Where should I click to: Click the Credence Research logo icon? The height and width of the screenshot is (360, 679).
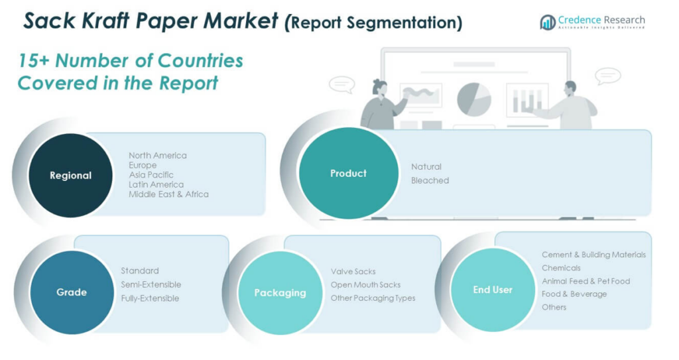pos(548,23)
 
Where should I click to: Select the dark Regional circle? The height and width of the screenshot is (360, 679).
pos(70,176)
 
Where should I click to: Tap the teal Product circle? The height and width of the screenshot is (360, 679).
pos(347,173)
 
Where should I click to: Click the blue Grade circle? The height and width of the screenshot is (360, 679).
pos(72,292)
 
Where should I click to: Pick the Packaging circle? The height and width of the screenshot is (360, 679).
pos(280,292)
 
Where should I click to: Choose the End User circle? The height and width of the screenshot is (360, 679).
pos(493,290)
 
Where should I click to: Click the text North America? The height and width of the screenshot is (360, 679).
pos(158,155)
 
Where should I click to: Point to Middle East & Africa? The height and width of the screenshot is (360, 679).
pos(168,194)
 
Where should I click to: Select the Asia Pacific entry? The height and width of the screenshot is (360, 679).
pos(151,174)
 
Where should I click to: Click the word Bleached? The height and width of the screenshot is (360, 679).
pos(430,180)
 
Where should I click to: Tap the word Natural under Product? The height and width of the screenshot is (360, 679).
pos(426,166)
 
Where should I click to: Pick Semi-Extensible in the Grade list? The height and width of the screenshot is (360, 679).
pos(151,284)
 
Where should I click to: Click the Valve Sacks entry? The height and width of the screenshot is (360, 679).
pos(353,271)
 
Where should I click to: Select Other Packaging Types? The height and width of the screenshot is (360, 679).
pos(373,298)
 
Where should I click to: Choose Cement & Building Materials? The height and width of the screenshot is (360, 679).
pos(593,255)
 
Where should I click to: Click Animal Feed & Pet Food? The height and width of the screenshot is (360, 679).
pos(586,281)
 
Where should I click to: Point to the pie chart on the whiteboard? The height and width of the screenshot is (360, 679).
pos(473,99)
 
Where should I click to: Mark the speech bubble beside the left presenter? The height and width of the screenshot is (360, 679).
pos(342,84)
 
